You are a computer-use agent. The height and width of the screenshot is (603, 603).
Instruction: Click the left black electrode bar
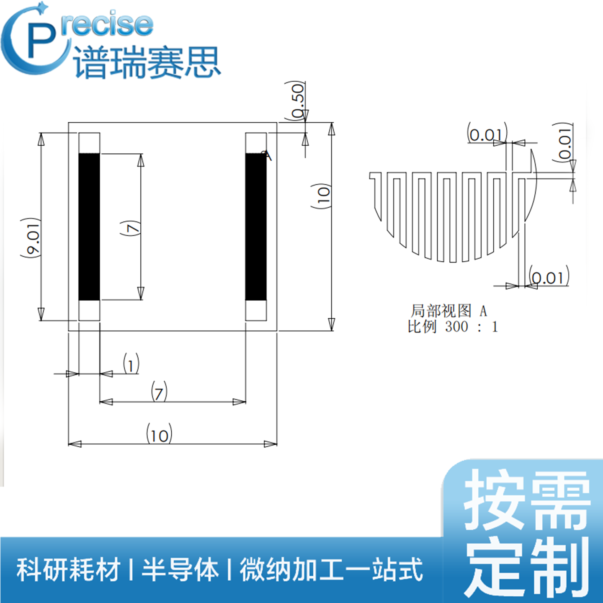tap(89, 227)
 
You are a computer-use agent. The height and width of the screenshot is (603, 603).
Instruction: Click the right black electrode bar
tap(256, 227)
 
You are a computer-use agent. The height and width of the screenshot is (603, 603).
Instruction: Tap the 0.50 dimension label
tap(298, 100)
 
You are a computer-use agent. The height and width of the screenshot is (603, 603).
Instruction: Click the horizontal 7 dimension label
tap(159, 392)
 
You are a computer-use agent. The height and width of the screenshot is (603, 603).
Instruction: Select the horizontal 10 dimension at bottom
tap(159, 435)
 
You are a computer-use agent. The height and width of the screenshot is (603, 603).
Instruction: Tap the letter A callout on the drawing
tap(268, 156)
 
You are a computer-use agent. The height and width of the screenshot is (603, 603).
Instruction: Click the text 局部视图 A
tap(448, 311)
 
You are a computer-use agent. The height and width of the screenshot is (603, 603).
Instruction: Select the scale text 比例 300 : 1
tap(453, 327)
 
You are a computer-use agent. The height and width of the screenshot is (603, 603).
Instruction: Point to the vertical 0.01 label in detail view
tap(565, 142)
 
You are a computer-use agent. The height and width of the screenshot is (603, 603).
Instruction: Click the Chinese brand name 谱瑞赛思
tap(147, 63)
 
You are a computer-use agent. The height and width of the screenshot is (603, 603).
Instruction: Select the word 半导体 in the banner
tap(180, 569)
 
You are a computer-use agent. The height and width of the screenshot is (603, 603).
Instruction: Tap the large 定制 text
tap(528, 567)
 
